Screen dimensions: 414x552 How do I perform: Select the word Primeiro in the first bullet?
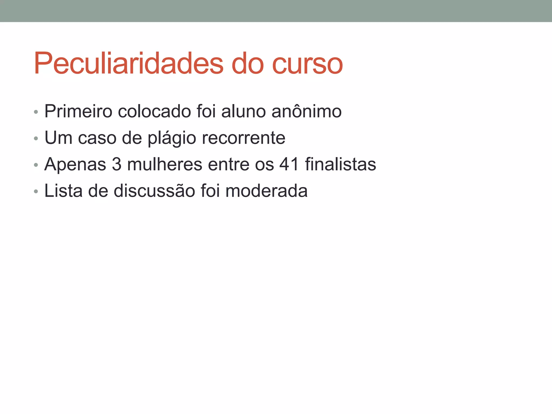78,111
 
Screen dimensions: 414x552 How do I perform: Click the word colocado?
154,111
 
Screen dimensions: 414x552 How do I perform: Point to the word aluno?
243,111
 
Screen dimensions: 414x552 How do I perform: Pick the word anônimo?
306,111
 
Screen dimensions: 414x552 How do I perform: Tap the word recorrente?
243,138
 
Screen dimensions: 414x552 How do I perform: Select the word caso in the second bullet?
97,138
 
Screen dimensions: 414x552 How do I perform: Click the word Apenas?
75,164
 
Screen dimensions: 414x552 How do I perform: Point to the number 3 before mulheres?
116,164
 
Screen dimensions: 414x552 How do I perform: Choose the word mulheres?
164,164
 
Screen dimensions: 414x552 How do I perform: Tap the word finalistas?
340,164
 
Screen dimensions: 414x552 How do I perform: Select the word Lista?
63,191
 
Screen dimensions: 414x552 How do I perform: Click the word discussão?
154,191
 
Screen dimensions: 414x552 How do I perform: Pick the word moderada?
266,191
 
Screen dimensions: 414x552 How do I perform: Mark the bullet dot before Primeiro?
36,112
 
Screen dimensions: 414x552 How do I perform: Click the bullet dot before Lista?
36,192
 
